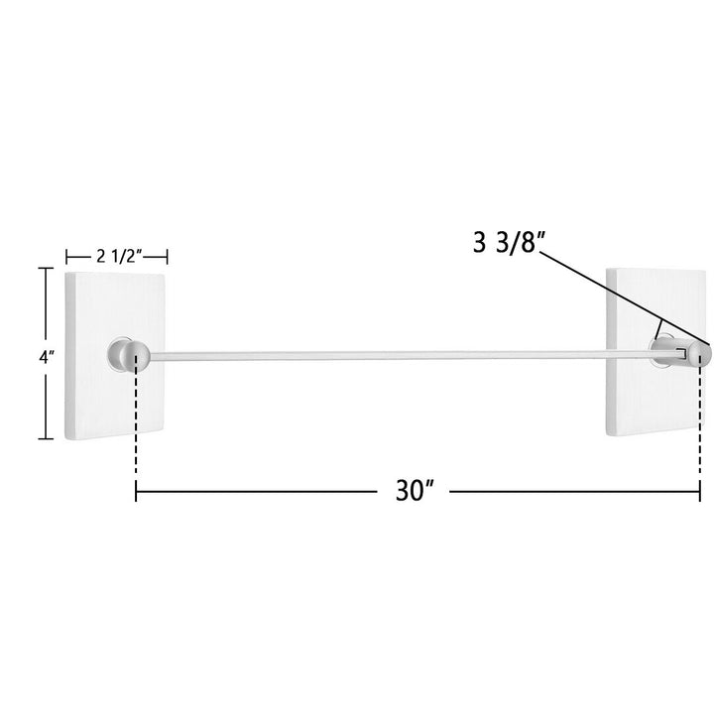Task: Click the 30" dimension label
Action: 415,491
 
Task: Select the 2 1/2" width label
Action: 117,257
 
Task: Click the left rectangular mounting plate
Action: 115,356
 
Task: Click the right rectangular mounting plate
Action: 654,351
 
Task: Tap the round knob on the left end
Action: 136,356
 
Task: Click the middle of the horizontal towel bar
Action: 416,355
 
